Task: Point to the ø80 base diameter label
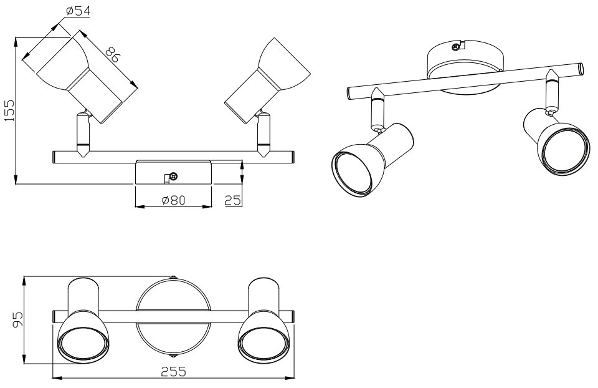(174, 201)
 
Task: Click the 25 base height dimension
(233, 200)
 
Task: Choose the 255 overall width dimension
(173, 372)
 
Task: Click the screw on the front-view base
(173, 177)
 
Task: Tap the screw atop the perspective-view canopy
(457, 46)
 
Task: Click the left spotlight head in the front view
(87, 74)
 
